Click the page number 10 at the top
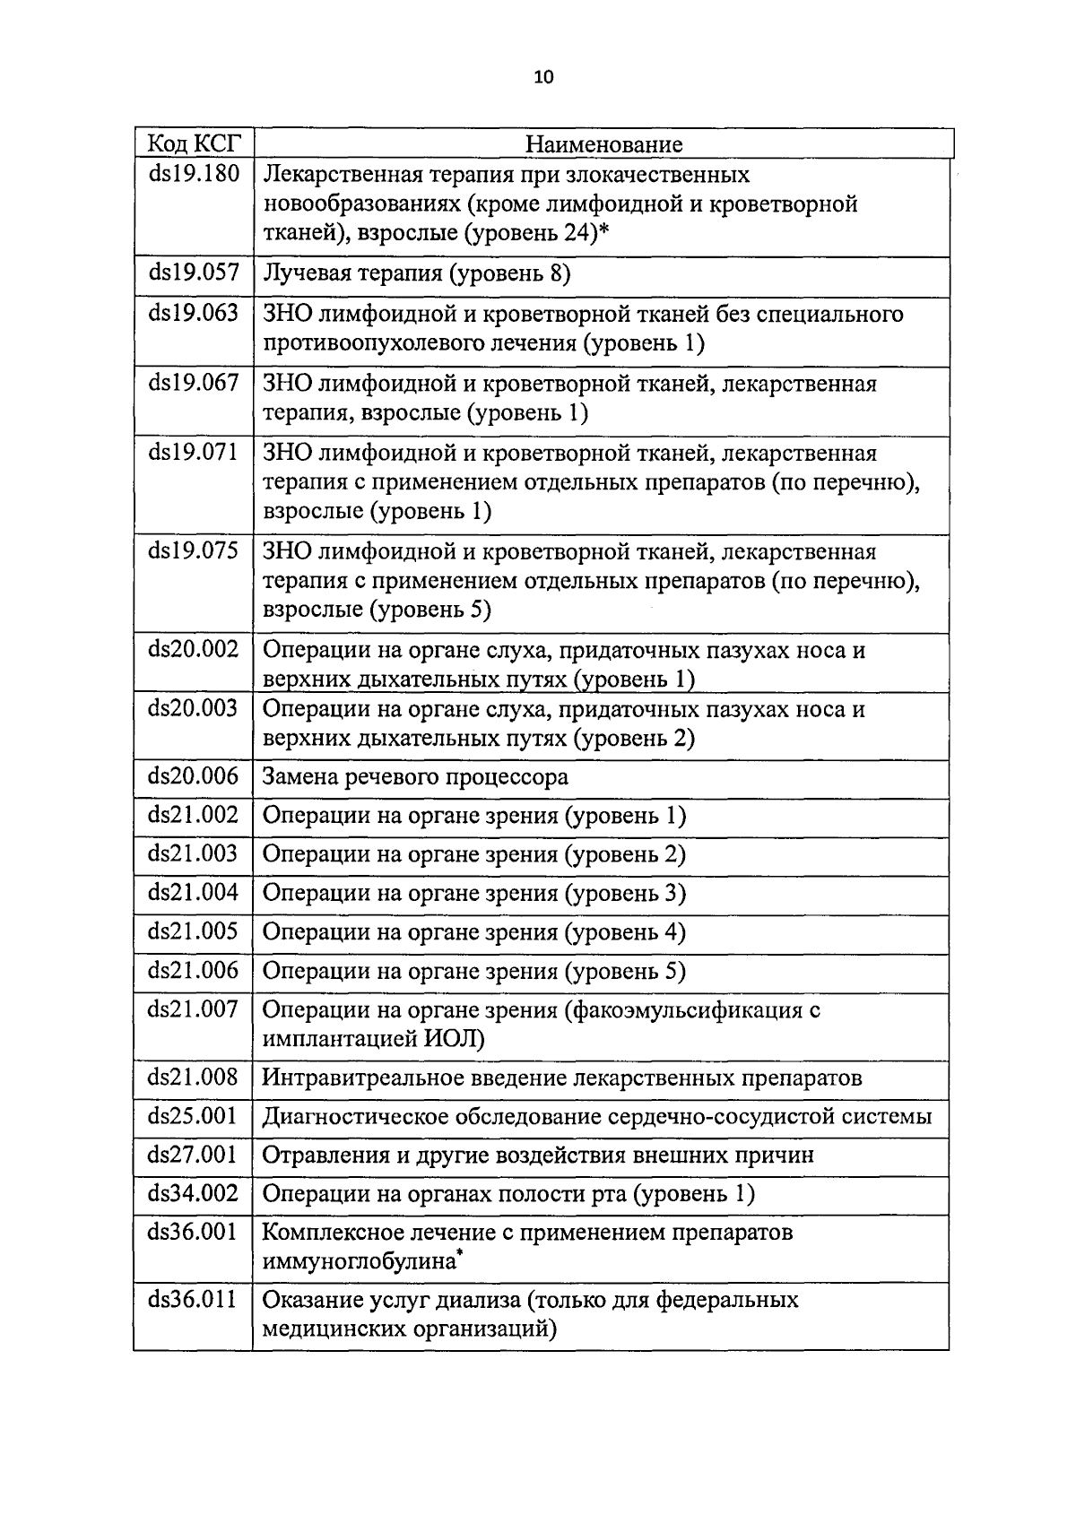coord(543,77)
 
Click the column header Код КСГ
coord(194,143)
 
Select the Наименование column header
coord(603,144)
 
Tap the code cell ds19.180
coord(194,174)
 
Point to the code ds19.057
coord(194,273)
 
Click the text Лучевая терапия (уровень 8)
coord(416,273)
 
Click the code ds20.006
coord(194,776)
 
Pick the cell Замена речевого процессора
coord(414,777)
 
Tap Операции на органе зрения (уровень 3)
coord(473,894)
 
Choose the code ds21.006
coord(194,971)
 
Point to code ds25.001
coord(194,1117)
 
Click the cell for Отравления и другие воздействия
coord(538,1156)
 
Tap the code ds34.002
coord(194,1194)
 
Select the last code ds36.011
coord(194,1301)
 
